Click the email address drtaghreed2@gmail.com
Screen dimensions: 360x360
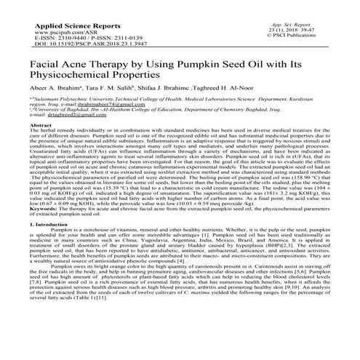[76, 135]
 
